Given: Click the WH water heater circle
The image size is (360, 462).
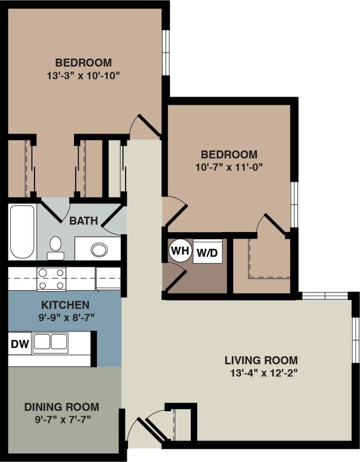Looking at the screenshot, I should (x=180, y=250).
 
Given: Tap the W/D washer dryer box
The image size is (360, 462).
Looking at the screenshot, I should (x=207, y=253).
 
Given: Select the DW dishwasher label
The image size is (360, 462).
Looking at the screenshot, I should (x=19, y=344).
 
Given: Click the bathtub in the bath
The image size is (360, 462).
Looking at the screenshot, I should (x=22, y=232).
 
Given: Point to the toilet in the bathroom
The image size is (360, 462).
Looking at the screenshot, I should (x=55, y=248).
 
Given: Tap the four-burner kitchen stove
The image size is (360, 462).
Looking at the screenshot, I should (x=51, y=279).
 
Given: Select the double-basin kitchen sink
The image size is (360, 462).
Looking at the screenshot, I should (x=50, y=342).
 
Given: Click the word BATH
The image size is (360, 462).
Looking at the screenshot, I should (x=83, y=221).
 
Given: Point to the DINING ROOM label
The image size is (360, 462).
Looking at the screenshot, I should (x=61, y=407).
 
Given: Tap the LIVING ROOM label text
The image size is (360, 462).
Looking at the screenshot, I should (x=261, y=361).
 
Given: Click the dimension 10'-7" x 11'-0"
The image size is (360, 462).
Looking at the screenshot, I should (x=229, y=167).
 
